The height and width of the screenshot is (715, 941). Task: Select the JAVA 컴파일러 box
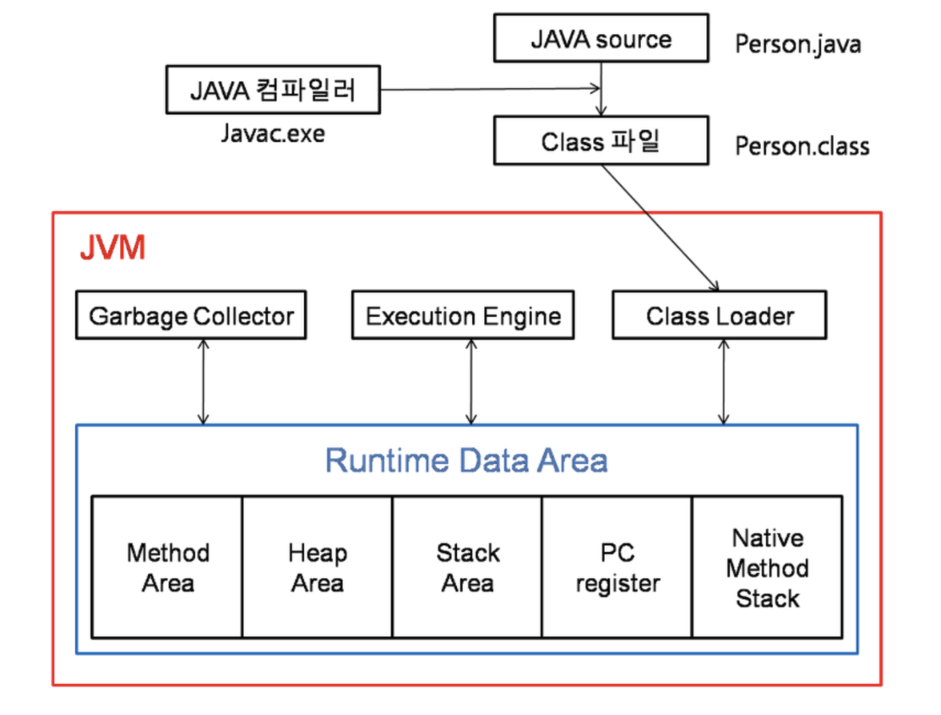(272, 91)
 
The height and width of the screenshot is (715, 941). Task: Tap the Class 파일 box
(601, 141)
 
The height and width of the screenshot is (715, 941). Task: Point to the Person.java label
(797, 44)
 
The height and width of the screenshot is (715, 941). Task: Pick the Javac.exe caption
(272, 133)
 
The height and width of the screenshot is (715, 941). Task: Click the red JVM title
(112, 248)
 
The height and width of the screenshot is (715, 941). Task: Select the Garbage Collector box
(191, 316)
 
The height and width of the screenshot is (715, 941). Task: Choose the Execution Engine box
(463, 316)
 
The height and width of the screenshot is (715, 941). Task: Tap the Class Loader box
(720, 316)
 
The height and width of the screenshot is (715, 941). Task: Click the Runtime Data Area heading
(466, 461)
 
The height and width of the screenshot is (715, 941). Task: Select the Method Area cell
(167, 567)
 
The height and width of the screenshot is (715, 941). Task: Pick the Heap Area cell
(317, 567)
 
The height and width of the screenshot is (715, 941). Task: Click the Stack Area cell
(467, 567)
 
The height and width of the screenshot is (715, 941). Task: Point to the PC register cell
(617, 567)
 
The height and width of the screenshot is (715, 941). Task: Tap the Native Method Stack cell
(767, 567)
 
